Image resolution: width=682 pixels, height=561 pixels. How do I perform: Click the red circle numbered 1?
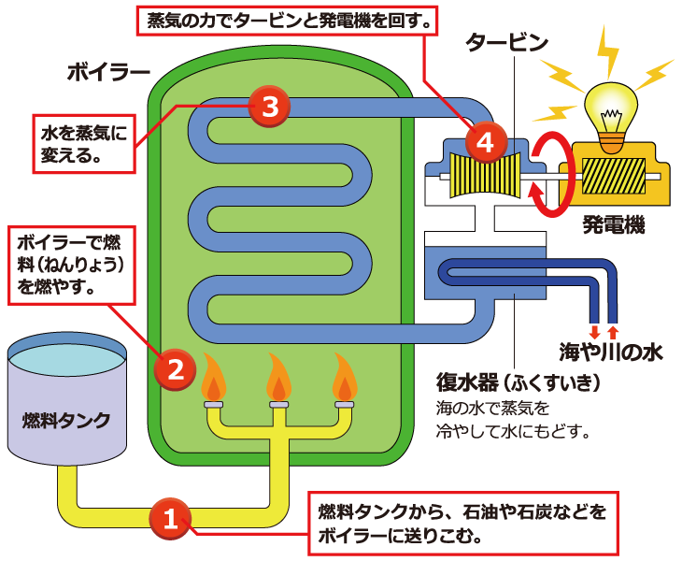170,518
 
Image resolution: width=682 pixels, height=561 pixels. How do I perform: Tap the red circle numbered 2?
175,368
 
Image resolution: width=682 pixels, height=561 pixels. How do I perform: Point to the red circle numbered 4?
485,142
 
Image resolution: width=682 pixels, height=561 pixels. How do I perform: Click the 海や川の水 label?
611,352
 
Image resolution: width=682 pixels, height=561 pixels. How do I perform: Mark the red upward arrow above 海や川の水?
613,331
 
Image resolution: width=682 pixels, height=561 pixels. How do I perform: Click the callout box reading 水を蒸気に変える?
83,144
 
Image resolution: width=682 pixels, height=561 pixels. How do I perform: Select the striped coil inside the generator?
613,175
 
